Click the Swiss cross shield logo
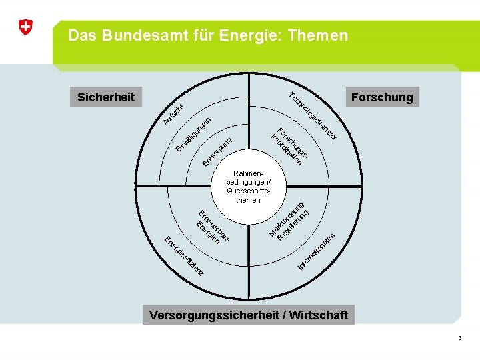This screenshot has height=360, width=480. click(x=25, y=27)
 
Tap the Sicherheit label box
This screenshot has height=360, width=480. click(x=106, y=97)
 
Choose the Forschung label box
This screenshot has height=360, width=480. click(x=382, y=97)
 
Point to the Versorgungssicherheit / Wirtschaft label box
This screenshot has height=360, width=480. click(x=248, y=315)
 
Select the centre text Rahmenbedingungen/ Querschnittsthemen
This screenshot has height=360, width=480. click(x=248, y=186)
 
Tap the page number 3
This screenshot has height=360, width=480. click(x=459, y=339)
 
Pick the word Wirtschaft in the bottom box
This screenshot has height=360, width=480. click(x=317, y=315)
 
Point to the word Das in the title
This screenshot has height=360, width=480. click(x=81, y=35)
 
